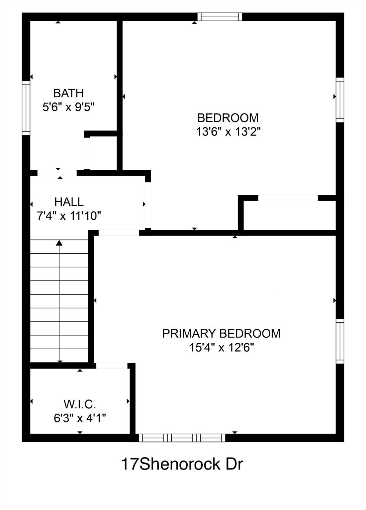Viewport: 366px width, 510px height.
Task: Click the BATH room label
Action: (x=68, y=93)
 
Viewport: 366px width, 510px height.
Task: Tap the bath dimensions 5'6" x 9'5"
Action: (x=68, y=107)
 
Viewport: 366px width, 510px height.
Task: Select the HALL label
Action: (x=69, y=202)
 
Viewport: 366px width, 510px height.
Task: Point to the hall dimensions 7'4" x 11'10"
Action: (x=69, y=215)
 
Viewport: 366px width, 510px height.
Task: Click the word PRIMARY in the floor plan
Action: (x=189, y=334)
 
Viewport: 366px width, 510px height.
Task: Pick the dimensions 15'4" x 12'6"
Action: (x=222, y=348)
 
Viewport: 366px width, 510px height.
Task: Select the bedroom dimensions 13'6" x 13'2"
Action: (x=228, y=131)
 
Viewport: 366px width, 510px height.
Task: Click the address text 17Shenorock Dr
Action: (x=182, y=465)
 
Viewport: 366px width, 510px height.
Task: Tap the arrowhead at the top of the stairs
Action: (x=59, y=243)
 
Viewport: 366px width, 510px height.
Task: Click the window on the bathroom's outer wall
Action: (x=26, y=108)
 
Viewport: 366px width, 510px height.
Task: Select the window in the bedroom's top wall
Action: (x=220, y=17)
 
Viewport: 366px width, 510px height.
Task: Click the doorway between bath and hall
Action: (x=57, y=173)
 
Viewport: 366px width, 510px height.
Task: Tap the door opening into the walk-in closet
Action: (x=112, y=366)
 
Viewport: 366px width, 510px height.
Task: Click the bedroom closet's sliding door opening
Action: (x=288, y=198)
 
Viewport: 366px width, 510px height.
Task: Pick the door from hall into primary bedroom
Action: (x=119, y=233)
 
